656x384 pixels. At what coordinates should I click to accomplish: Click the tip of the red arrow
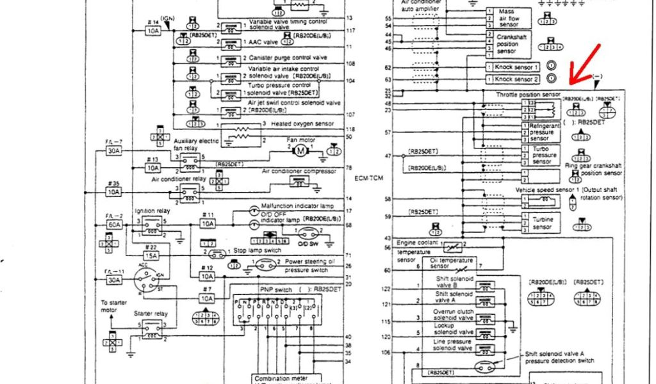[571, 83]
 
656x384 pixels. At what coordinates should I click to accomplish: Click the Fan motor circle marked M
[300, 150]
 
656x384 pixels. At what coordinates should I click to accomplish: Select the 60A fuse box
[114, 225]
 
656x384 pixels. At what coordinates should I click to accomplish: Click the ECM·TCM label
[368, 178]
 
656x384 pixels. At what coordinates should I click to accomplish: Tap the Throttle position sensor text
[529, 94]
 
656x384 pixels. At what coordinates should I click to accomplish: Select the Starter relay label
[151, 314]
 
